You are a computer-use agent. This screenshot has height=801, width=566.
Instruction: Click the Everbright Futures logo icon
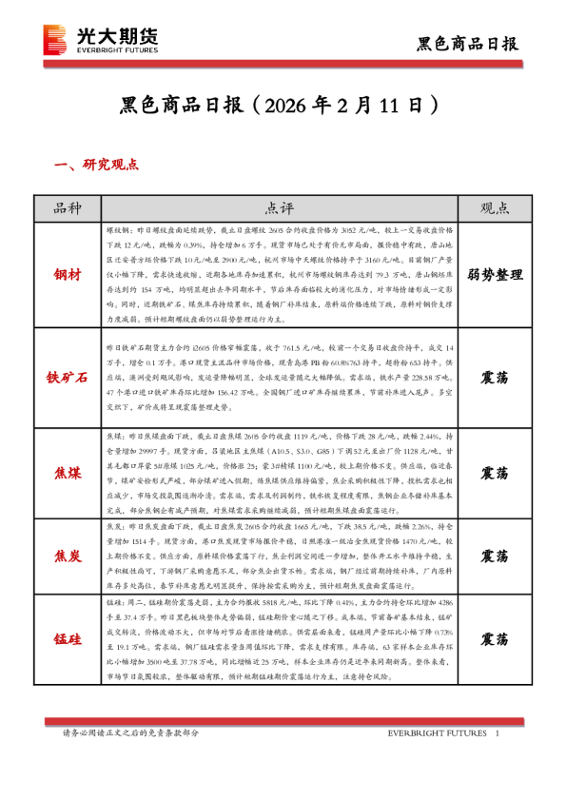pyautogui.click(x=56, y=39)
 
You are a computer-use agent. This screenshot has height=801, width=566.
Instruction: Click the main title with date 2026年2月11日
pyautogui.click(x=283, y=102)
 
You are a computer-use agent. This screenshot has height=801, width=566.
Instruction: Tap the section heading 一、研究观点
pyautogui.click(x=97, y=165)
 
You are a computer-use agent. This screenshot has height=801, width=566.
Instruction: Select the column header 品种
pyautogui.click(x=68, y=208)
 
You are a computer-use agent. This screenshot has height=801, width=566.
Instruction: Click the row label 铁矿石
pyautogui.click(x=68, y=377)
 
